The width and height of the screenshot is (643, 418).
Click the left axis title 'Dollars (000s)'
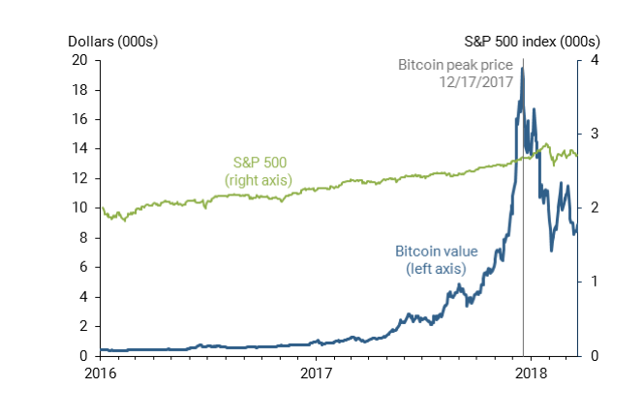(x=112, y=42)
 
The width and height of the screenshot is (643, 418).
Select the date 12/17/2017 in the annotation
(x=475, y=82)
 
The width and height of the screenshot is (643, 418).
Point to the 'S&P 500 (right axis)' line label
(x=259, y=170)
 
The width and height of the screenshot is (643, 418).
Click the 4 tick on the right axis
(x=592, y=60)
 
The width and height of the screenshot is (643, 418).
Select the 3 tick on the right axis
(x=592, y=134)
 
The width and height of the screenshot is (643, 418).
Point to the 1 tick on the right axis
(x=592, y=282)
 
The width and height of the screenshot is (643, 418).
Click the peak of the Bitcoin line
(x=523, y=69)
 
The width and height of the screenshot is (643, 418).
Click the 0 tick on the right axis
(x=592, y=356)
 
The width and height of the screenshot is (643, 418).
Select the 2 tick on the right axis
(x=592, y=208)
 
